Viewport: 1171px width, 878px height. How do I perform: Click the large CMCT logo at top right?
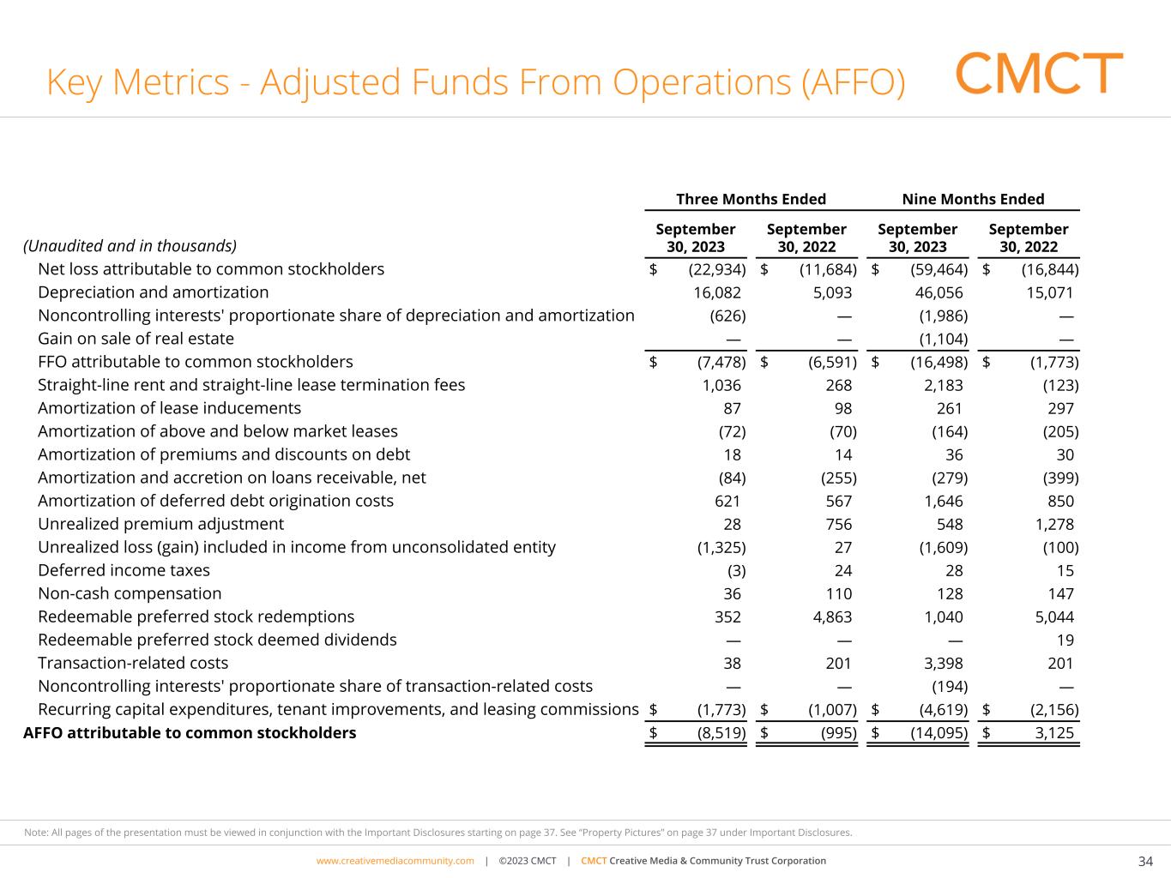click(x=1039, y=74)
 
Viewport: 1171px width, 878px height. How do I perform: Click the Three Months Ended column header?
click(x=751, y=199)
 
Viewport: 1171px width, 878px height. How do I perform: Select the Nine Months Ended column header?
click(x=973, y=199)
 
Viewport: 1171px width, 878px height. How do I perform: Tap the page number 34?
click(x=1145, y=861)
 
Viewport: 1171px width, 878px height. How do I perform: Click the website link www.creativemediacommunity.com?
click(x=395, y=861)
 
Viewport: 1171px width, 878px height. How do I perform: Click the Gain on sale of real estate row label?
click(x=136, y=339)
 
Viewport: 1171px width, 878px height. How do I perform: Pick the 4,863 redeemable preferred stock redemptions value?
click(x=831, y=616)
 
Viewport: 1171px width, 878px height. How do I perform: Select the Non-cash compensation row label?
click(x=130, y=593)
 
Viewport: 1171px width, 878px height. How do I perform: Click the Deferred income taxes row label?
click(x=124, y=570)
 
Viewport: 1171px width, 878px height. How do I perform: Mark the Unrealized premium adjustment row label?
click(x=160, y=524)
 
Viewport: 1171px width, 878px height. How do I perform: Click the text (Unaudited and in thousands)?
click(x=130, y=246)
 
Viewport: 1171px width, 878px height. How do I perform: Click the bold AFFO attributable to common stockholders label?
click(x=190, y=732)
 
